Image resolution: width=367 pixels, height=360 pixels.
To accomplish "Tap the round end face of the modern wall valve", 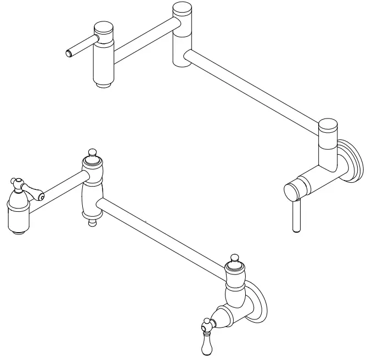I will coord(291,190).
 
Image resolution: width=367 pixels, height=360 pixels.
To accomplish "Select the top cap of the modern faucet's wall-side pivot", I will coord(329,126).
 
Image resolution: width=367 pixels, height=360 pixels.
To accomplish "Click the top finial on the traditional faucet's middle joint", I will coord(93,152).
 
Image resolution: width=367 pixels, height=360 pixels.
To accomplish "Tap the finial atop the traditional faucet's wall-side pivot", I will coord(235,258).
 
